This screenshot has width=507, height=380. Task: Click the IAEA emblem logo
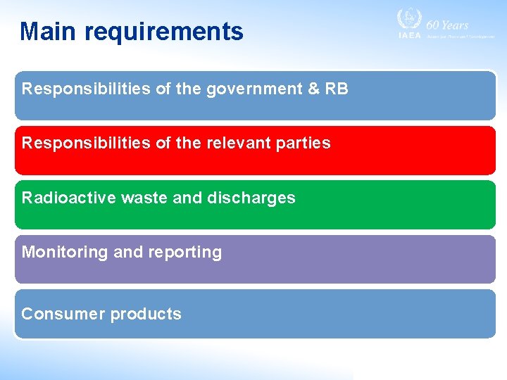pos(409,19)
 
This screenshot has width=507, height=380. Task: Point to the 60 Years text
pos(447,25)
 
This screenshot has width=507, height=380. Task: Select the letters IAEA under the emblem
pos(409,35)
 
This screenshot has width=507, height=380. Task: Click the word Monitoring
pos(64,253)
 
